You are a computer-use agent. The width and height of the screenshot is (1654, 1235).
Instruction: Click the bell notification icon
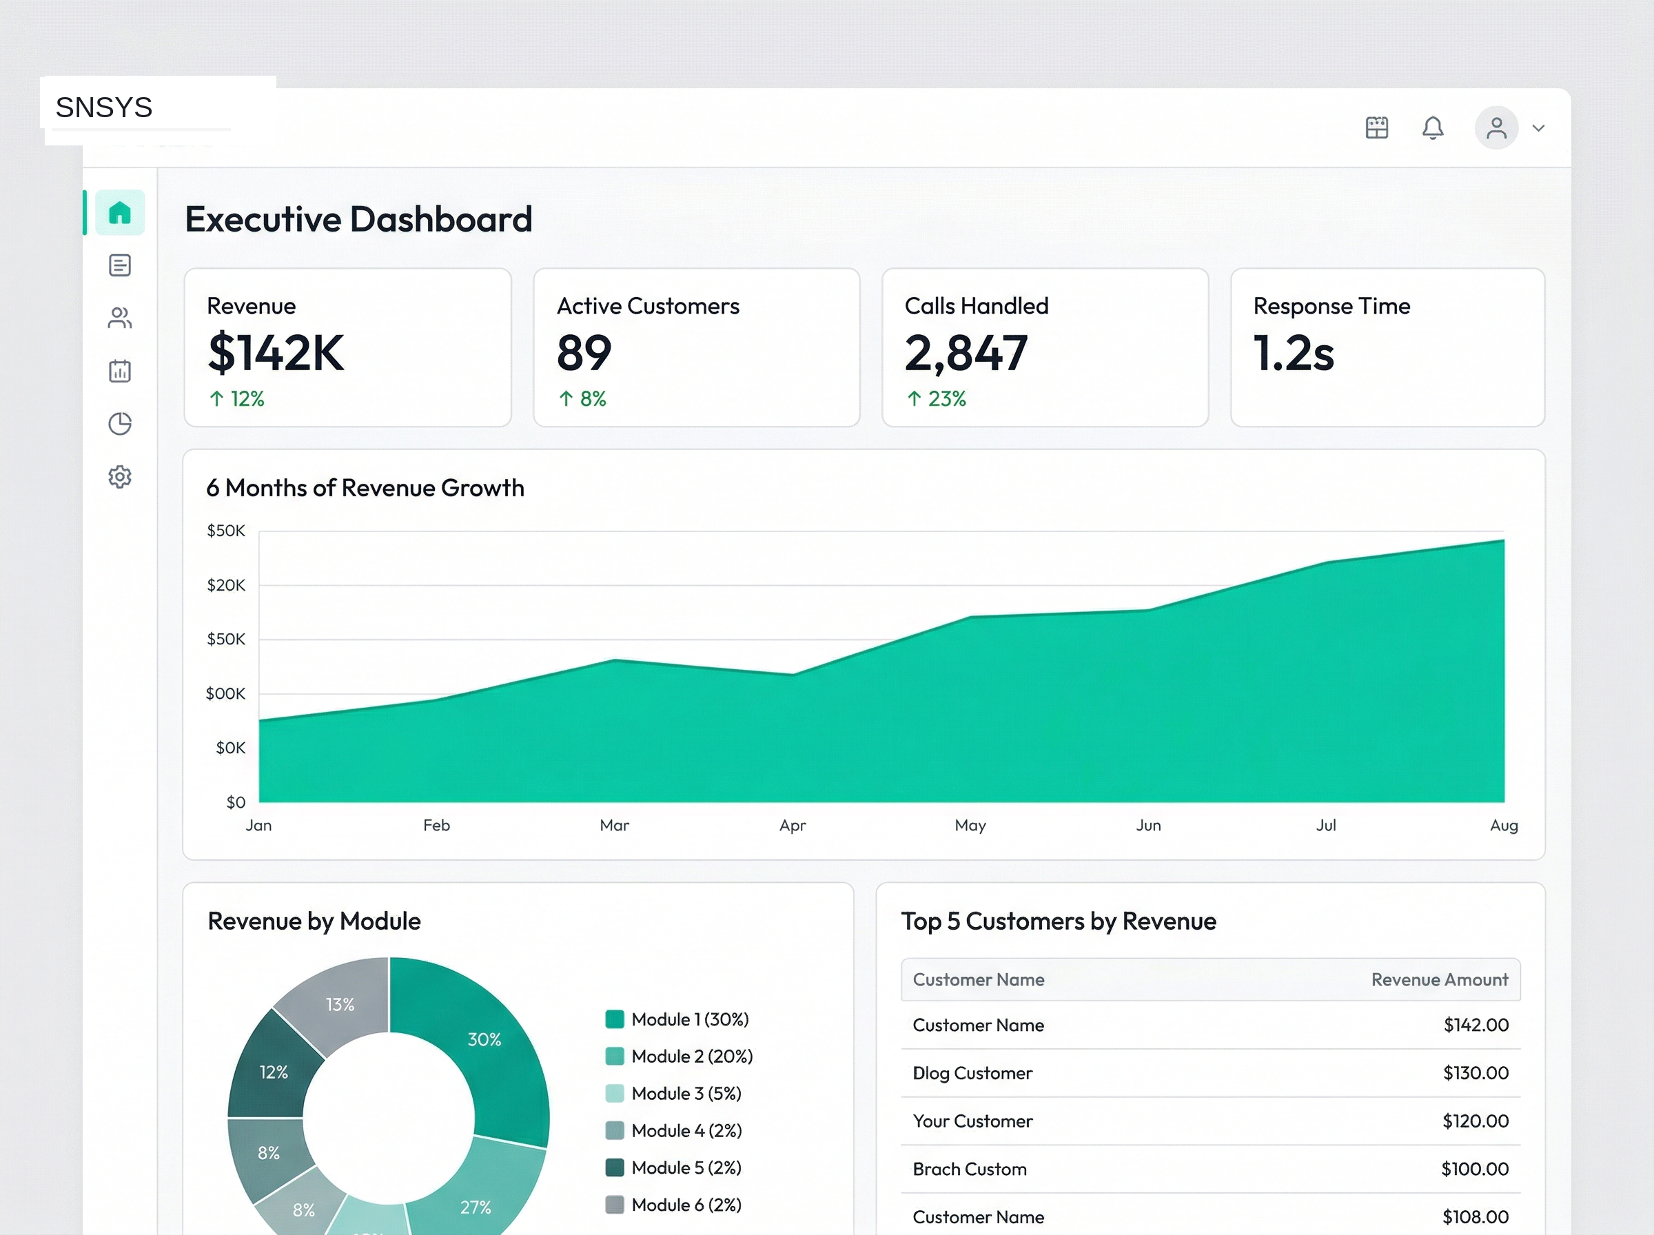1432,127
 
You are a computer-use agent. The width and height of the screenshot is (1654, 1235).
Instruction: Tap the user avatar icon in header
1495,127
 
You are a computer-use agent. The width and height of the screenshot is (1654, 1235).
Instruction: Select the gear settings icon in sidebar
120,476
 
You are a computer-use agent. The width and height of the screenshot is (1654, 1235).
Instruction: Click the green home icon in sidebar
120,213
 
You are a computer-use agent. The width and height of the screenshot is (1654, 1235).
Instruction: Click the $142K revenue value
276,353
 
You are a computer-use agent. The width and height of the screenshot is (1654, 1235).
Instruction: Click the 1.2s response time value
1293,353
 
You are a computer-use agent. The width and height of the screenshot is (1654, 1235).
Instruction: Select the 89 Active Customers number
584,353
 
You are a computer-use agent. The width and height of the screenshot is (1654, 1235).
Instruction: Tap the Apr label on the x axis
793,826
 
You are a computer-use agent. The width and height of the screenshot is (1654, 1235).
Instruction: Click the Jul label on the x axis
1326,826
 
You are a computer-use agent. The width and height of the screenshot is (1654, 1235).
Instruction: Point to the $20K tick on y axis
226,585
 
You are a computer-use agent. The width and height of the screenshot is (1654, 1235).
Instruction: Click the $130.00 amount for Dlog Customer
1476,1074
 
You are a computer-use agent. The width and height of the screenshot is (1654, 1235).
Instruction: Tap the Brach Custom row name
970,1170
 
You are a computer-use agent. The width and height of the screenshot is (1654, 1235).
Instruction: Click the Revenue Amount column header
1439,980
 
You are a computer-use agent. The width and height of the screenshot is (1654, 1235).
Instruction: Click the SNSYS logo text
104,108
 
